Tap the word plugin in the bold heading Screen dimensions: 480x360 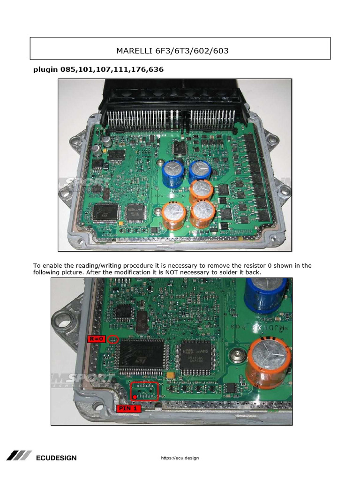(x=45, y=70)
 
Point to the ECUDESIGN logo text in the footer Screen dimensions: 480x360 (x=56, y=457)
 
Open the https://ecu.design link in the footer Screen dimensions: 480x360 (x=180, y=458)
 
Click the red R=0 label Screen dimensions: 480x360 (x=96, y=339)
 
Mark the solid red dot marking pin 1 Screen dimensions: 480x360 (x=135, y=397)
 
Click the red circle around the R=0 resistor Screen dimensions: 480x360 (x=112, y=339)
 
